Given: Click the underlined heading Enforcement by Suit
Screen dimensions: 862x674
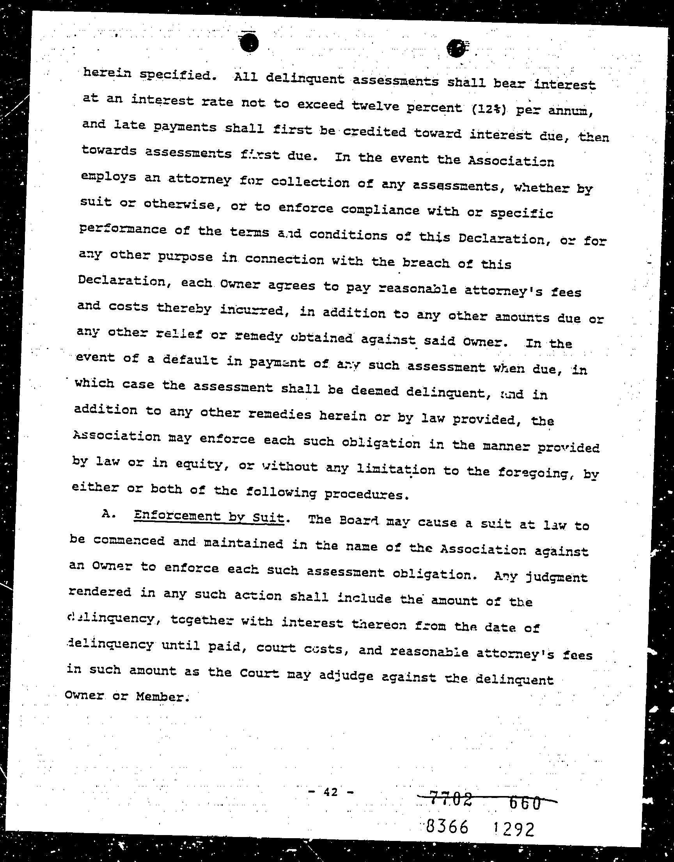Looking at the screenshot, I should tap(209, 516).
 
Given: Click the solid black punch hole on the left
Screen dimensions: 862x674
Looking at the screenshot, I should tap(248, 43).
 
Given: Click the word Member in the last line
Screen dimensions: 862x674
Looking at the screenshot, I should tap(160, 697).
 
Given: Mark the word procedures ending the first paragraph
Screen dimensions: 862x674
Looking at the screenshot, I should tap(365, 494).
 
